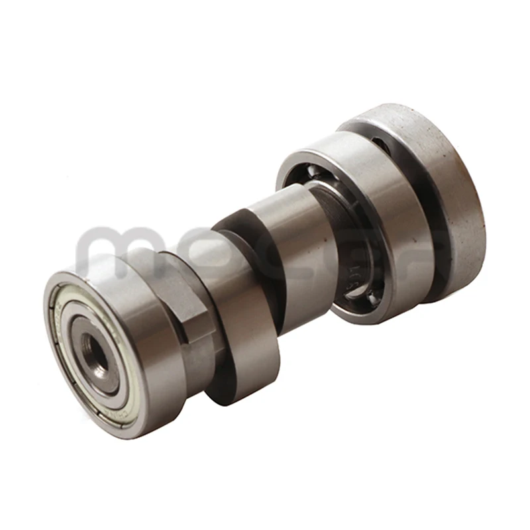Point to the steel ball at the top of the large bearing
317,174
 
